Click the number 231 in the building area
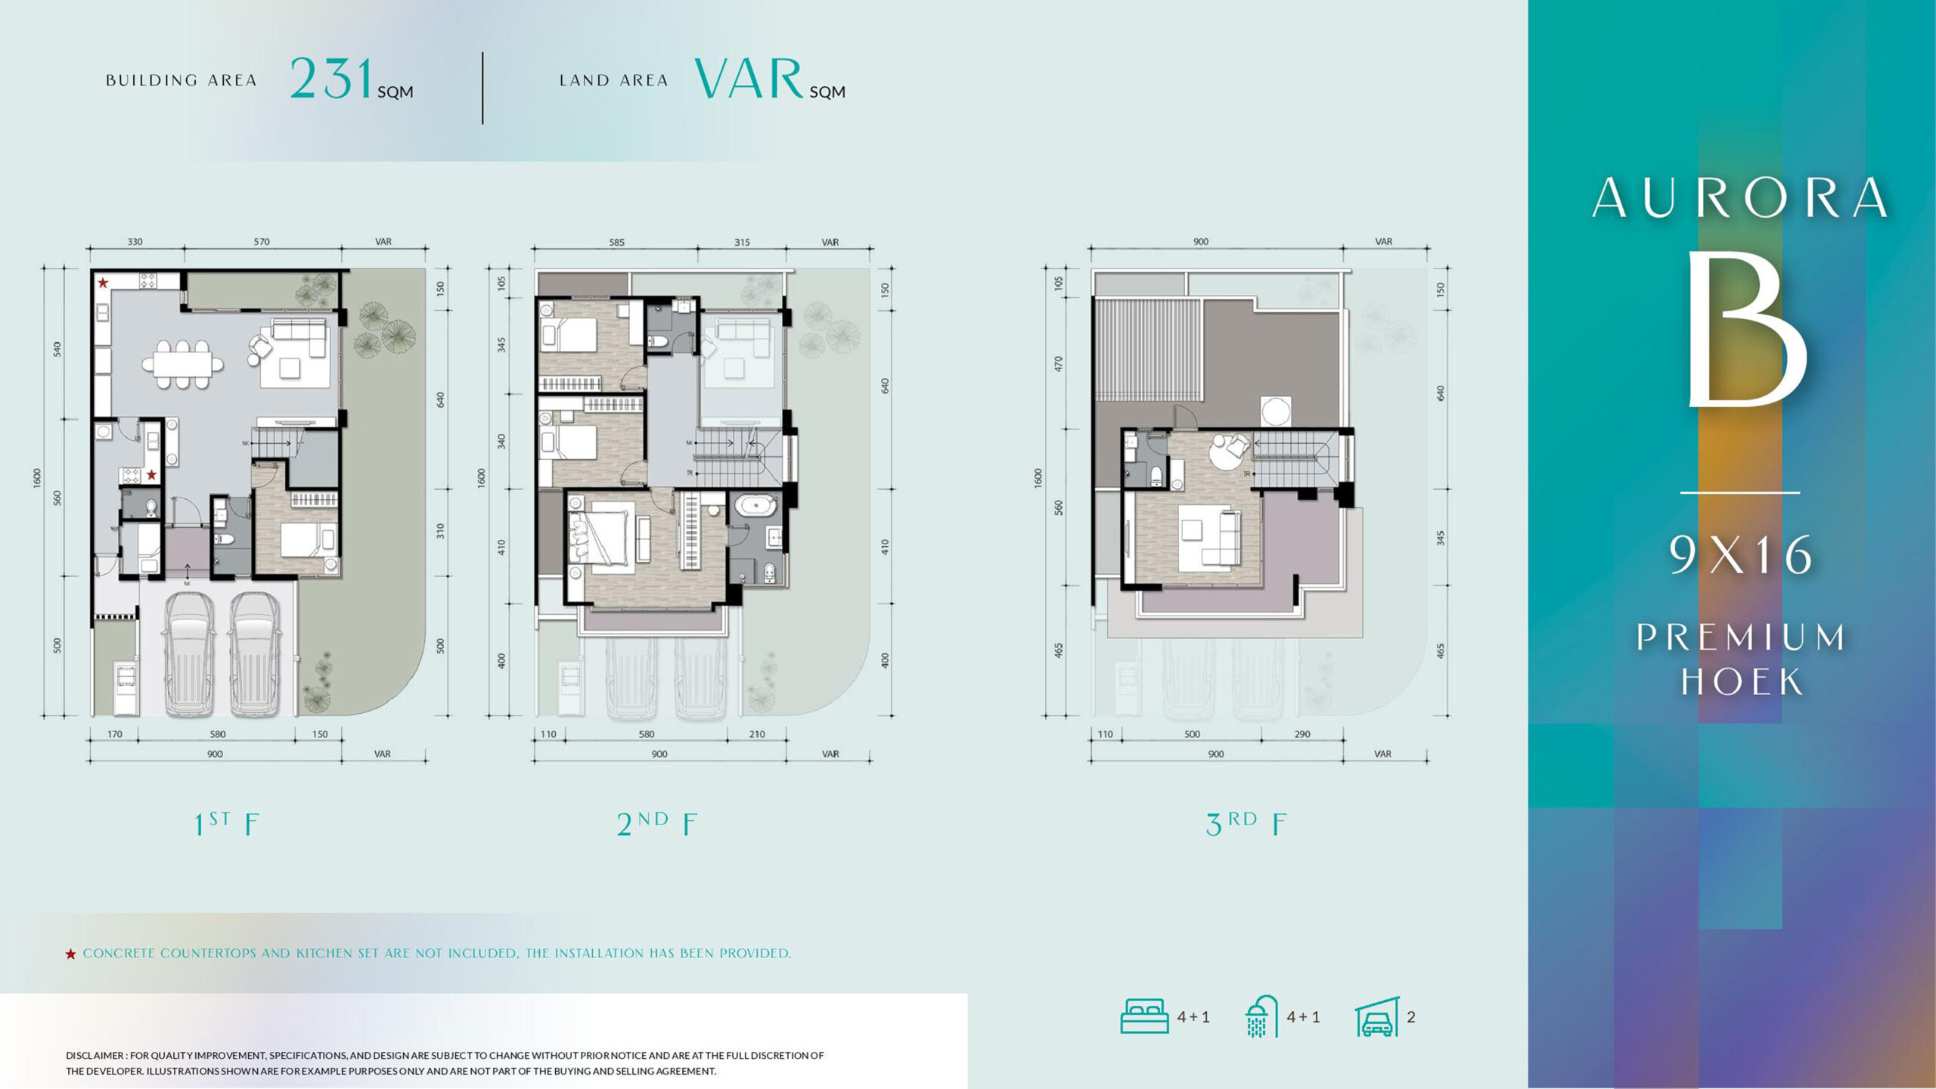pyautogui.click(x=332, y=79)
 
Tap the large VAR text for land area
pyautogui.click(x=749, y=79)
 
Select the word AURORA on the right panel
pyautogui.click(x=1740, y=198)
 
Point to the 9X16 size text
pyautogui.click(x=1740, y=554)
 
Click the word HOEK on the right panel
pyautogui.click(x=1742, y=681)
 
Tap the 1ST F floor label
pyautogui.click(x=226, y=824)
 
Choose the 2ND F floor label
pyautogui.click(x=656, y=824)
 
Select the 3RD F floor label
pyautogui.click(x=1246, y=824)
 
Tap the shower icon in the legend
pyautogui.click(x=1261, y=1016)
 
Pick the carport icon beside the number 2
pyautogui.click(x=1377, y=1017)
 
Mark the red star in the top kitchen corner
pyautogui.click(x=103, y=283)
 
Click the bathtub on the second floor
pyautogui.click(x=755, y=505)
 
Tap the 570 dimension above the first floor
pyautogui.click(x=262, y=242)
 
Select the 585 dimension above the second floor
pyautogui.click(x=617, y=243)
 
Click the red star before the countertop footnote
pyautogui.click(x=70, y=954)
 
